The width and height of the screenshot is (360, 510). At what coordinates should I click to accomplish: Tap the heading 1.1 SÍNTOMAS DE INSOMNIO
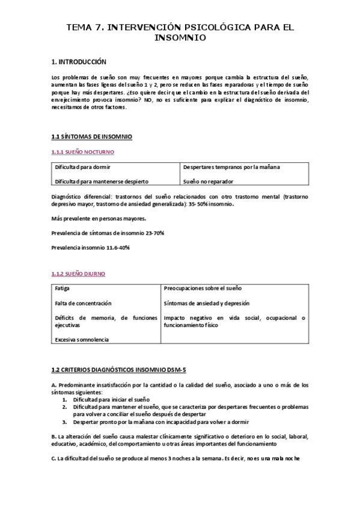[x=92, y=137]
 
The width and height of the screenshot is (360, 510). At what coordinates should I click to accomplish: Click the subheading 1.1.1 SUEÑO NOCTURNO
[x=83, y=152]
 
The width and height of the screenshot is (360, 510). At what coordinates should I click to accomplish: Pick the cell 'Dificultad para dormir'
[x=82, y=167]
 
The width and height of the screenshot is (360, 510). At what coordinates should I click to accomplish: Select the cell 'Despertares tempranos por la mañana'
[x=231, y=167]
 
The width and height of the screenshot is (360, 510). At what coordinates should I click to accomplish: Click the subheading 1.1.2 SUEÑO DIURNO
[x=78, y=274]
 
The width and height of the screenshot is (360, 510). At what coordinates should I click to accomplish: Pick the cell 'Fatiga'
[x=62, y=289]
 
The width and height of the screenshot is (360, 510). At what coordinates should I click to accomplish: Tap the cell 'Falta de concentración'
[x=83, y=303]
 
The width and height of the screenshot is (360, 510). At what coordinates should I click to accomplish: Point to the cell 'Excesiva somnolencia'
[x=82, y=339]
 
